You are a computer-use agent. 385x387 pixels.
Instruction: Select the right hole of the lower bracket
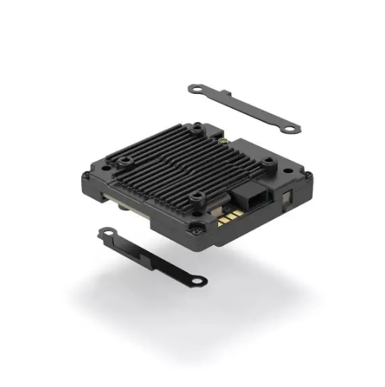coord(198,280)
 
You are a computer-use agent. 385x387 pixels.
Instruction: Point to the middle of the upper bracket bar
coord(244,110)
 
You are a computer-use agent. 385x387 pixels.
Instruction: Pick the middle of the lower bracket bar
coord(151,256)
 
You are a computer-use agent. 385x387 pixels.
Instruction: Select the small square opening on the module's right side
coord(287,195)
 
